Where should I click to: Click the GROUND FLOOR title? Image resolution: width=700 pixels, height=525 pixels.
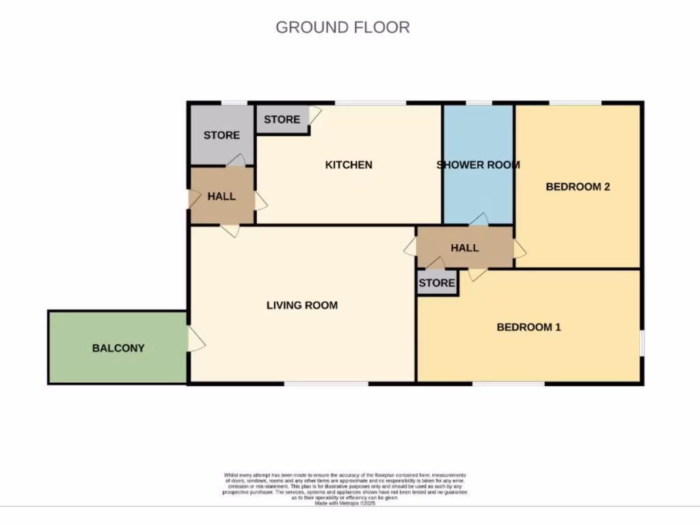pyautogui.click(x=342, y=27)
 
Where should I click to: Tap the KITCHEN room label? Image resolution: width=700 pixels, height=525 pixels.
pyautogui.click(x=349, y=165)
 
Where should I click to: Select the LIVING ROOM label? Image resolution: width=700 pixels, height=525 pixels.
pyautogui.click(x=301, y=306)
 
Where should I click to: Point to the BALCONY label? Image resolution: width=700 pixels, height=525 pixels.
pyautogui.click(x=118, y=348)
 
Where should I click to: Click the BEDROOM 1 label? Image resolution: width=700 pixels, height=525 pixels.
pyautogui.click(x=528, y=327)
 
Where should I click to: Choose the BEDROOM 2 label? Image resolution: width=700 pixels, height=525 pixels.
pyautogui.click(x=578, y=187)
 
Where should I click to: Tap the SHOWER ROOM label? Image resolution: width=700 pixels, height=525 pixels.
pyautogui.click(x=478, y=165)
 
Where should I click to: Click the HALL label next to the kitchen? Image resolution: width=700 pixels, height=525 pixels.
pyautogui.click(x=221, y=196)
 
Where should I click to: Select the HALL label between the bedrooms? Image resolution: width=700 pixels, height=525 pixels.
pyautogui.click(x=465, y=247)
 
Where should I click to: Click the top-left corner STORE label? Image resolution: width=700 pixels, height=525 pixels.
pyautogui.click(x=221, y=135)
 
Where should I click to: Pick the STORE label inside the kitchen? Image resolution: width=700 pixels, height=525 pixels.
pyautogui.click(x=282, y=120)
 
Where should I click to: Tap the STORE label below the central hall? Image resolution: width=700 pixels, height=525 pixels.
pyautogui.click(x=437, y=283)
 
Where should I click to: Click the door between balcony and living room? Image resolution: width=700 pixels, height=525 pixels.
pyautogui.click(x=195, y=340)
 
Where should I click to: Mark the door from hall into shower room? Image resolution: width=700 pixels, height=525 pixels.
pyautogui.click(x=479, y=219)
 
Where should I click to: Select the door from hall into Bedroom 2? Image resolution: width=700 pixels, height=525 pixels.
pyautogui.click(x=520, y=249)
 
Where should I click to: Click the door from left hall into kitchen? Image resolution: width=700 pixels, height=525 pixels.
pyautogui.click(x=260, y=201)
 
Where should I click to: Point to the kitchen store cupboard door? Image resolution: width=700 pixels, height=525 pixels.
pyautogui.click(x=315, y=114)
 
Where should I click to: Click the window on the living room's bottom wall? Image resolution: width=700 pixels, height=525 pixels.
pyautogui.click(x=326, y=383)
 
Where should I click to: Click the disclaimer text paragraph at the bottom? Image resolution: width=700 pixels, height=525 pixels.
pyautogui.click(x=345, y=487)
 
